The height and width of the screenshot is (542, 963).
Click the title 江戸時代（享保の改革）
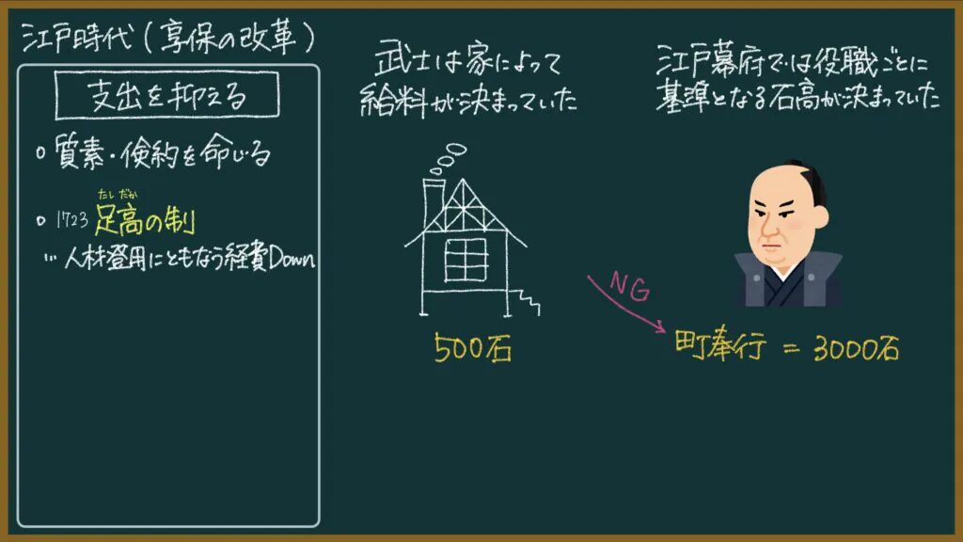168,38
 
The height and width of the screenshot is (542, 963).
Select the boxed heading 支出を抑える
167,96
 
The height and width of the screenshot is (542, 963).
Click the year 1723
71,220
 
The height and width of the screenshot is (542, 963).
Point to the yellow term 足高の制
145,220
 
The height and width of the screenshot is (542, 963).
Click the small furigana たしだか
118,195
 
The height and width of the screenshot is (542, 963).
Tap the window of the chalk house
466,260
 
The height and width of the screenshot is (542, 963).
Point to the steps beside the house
527,302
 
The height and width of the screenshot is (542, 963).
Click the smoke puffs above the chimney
448,158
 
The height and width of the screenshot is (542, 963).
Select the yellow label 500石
473,348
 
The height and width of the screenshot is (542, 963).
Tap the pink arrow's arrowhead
660,327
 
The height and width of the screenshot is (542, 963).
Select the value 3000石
856,348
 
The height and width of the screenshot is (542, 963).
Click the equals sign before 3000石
792,349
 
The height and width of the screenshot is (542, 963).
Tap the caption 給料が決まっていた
468,100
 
